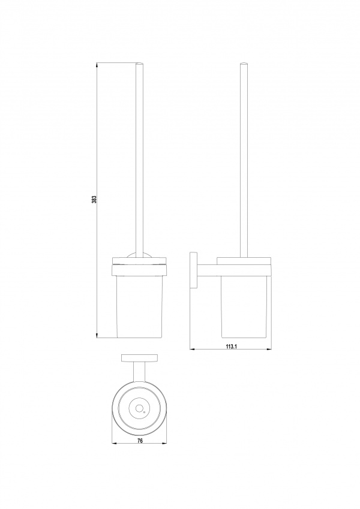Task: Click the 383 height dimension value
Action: [x=94, y=199]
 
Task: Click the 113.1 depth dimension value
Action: [x=231, y=347]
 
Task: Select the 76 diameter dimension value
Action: [x=140, y=441]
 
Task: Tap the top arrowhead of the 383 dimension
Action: [x=97, y=65]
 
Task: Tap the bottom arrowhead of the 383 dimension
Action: [x=97, y=335]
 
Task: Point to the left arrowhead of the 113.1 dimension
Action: [x=193, y=350]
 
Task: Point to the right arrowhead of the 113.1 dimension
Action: [x=269, y=350]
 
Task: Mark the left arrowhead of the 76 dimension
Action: [x=115, y=444]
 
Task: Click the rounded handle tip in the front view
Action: [x=139, y=63]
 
